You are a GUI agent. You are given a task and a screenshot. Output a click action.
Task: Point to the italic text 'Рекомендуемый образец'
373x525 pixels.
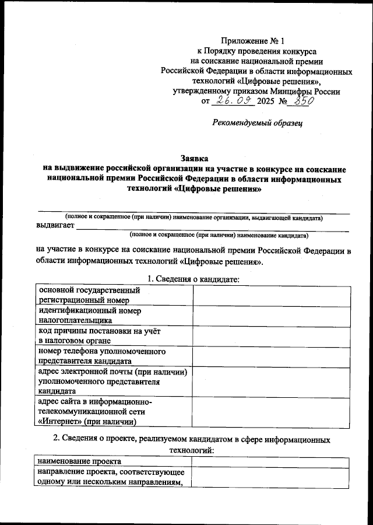point(257,122)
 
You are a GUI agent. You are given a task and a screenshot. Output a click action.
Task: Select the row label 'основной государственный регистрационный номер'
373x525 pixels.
point(89,295)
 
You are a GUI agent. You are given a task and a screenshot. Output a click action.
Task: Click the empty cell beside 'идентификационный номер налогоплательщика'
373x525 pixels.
point(272,316)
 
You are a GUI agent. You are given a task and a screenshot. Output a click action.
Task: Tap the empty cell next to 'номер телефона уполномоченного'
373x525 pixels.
point(272,356)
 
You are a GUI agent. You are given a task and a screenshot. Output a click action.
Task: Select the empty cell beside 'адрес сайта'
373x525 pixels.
point(272,412)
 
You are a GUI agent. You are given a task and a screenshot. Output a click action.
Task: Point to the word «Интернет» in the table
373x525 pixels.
point(62,421)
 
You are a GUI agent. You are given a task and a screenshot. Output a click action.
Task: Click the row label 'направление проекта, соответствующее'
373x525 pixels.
point(111,471)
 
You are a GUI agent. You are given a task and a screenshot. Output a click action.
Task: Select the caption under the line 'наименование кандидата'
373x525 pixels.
point(219,236)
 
